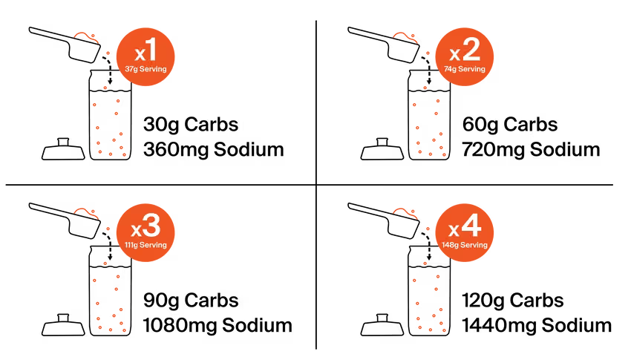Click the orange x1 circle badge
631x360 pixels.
(146, 56)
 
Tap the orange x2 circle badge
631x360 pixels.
(465, 56)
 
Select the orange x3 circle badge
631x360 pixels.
(146, 232)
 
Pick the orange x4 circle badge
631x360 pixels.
(465, 232)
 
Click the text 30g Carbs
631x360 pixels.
(191, 125)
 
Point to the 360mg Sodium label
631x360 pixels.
(214, 150)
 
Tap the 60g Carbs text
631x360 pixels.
(510, 125)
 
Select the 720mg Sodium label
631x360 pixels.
(531, 150)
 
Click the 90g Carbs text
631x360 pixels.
(191, 301)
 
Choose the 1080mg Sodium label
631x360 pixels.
(218, 325)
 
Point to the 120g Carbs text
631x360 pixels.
(513, 301)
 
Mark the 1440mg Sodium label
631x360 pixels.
(537, 325)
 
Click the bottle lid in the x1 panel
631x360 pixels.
(63, 149)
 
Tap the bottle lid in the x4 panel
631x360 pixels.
(382, 325)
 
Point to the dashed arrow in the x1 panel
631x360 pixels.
(108, 71)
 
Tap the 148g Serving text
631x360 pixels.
(465, 245)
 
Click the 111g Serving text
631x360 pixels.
(146, 245)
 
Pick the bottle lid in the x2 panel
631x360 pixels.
(382, 149)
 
